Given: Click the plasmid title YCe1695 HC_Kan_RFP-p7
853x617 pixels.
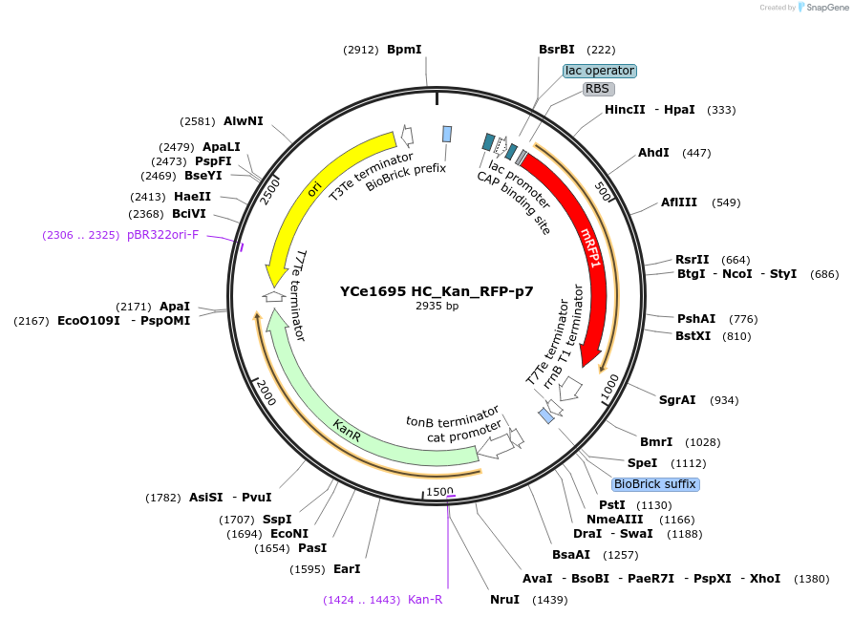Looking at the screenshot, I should tap(437, 290).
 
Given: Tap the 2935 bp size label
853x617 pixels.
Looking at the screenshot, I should tap(437, 306).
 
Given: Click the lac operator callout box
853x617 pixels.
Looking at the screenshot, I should tap(600, 71).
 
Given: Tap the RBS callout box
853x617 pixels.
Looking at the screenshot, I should tap(597, 89).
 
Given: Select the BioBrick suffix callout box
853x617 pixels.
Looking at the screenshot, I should tap(655, 484).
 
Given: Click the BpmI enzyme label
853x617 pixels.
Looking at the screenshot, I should tap(404, 49).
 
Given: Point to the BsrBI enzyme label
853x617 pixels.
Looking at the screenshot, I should tap(557, 49).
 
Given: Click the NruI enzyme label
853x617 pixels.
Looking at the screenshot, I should tap(504, 600).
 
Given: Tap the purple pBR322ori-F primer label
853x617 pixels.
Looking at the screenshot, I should tap(162, 234).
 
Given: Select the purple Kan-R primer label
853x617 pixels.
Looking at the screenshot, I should tap(425, 600).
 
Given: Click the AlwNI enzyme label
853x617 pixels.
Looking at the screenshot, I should tap(244, 121).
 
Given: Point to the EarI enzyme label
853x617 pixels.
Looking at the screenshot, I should tap(347, 569).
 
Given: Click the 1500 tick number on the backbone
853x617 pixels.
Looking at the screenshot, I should tap(440, 491).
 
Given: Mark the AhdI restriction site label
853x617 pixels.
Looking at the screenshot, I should tap(653, 153).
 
